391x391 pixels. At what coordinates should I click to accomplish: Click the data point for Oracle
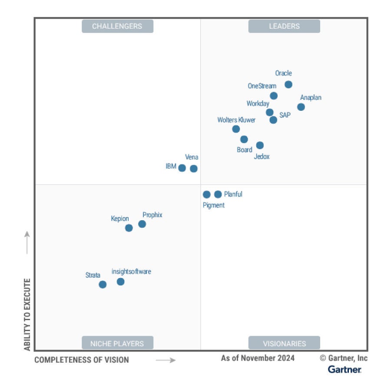(x=288, y=84)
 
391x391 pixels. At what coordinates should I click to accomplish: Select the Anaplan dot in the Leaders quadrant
(x=301, y=107)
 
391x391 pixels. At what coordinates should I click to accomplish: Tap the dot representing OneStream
(x=274, y=96)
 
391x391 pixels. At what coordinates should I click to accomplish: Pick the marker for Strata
(x=103, y=285)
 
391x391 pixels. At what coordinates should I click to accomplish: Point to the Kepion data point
(x=129, y=228)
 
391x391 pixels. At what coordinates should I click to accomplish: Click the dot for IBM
(x=182, y=168)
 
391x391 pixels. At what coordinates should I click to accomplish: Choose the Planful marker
(x=218, y=194)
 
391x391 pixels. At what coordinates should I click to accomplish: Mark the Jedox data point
(x=260, y=145)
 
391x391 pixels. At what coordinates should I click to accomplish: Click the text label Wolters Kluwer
(x=236, y=120)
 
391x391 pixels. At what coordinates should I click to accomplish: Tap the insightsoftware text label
(x=131, y=272)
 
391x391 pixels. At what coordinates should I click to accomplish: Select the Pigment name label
(x=214, y=205)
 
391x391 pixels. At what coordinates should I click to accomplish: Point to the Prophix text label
(x=152, y=215)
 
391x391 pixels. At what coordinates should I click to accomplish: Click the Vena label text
(x=192, y=157)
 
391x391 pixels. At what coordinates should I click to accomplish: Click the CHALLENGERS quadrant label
(x=117, y=26)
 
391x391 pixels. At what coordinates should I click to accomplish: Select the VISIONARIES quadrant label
(x=284, y=343)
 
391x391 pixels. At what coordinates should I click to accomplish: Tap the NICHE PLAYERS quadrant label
(x=117, y=343)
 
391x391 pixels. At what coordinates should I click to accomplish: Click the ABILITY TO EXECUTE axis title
(x=27, y=315)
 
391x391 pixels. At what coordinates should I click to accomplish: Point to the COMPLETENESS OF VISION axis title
(x=82, y=360)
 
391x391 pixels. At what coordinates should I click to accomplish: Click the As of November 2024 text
(x=258, y=358)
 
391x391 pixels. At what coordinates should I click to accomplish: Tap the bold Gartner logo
(x=345, y=370)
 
